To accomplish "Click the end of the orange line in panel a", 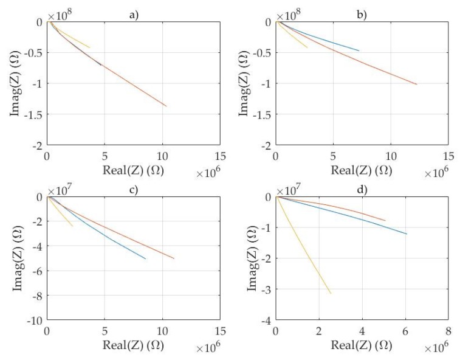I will point(166,106).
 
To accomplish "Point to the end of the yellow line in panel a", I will point(90,47).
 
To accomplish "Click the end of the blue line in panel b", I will point(359,50).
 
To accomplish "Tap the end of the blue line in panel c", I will point(146,259).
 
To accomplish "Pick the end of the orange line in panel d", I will point(385,221).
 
